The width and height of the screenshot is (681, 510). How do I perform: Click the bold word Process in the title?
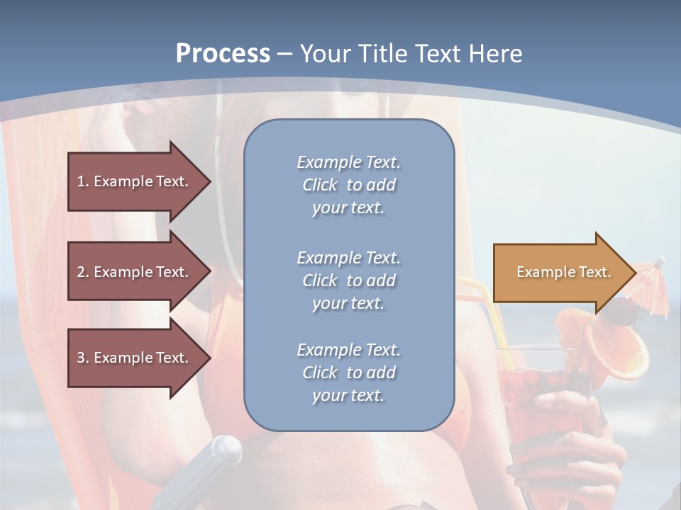click(223, 54)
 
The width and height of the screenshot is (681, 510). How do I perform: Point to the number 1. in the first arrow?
click(83, 181)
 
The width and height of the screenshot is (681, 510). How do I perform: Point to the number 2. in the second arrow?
click(83, 272)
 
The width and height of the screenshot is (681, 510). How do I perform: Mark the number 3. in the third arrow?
click(83, 358)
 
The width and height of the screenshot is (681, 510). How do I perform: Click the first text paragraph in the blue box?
click(348, 185)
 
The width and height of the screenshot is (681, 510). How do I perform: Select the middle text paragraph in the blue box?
click(348, 280)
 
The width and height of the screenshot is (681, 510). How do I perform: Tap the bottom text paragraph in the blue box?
click(348, 373)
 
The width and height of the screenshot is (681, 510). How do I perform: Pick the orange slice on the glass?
click(624, 351)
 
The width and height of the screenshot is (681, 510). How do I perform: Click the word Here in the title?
click(497, 54)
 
